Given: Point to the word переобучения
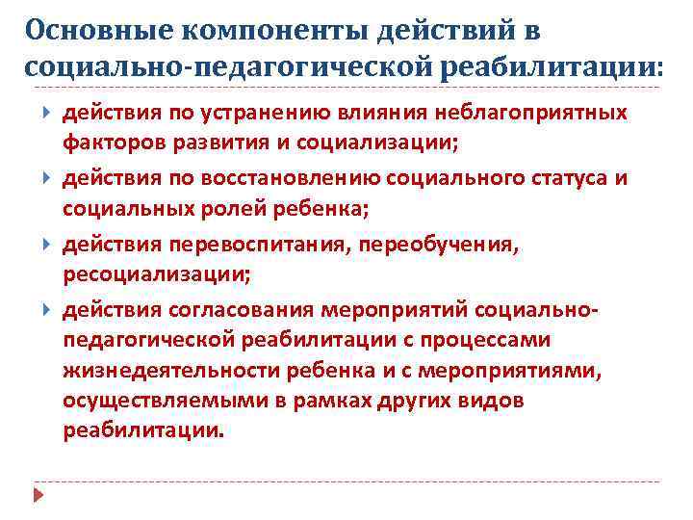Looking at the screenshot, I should pos(437,246).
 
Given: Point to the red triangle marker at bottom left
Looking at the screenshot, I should pos(38,495).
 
